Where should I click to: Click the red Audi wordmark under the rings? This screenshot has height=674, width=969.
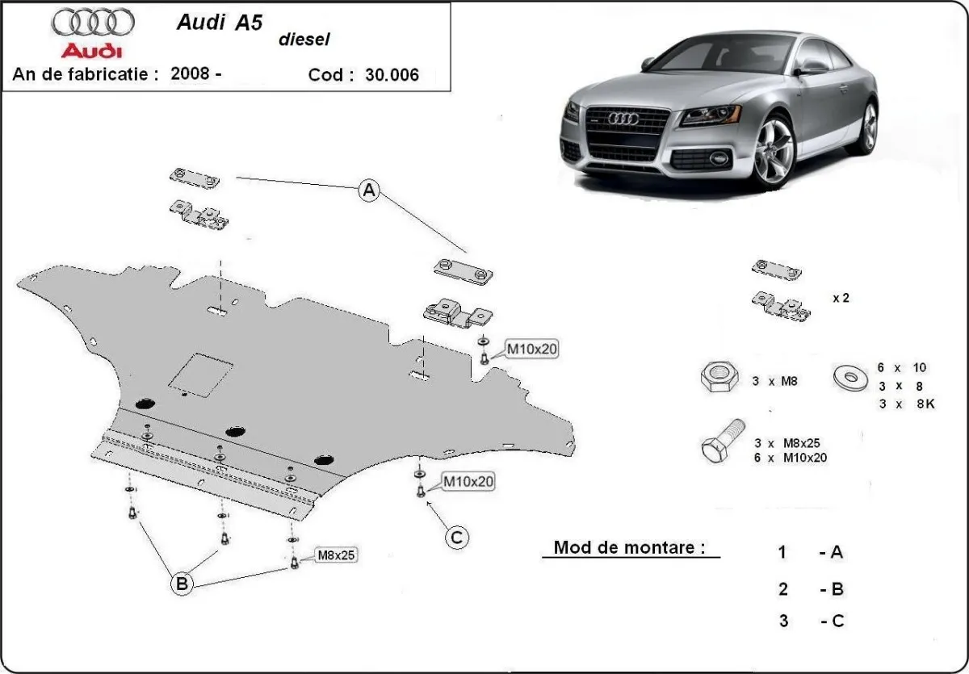pyautogui.click(x=92, y=51)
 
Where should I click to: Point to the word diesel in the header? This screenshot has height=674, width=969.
pyautogui.click(x=304, y=40)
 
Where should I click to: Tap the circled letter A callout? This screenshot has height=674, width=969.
pyautogui.click(x=369, y=191)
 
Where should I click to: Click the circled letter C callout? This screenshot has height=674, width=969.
pyautogui.click(x=457, y=537)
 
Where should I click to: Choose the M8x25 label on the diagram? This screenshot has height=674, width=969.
pyautogui.click(x=336, y=555)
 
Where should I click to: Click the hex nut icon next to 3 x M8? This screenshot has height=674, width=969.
pyautogui.click(x=716, y=378)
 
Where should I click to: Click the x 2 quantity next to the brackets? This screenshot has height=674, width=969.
pyautogui.click(x=841, y=298)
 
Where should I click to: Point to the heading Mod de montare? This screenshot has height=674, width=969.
pyautogui.click(x=626, y=547)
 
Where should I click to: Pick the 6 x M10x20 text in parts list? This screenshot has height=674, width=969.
pyautogui.click(x=791, y=457)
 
